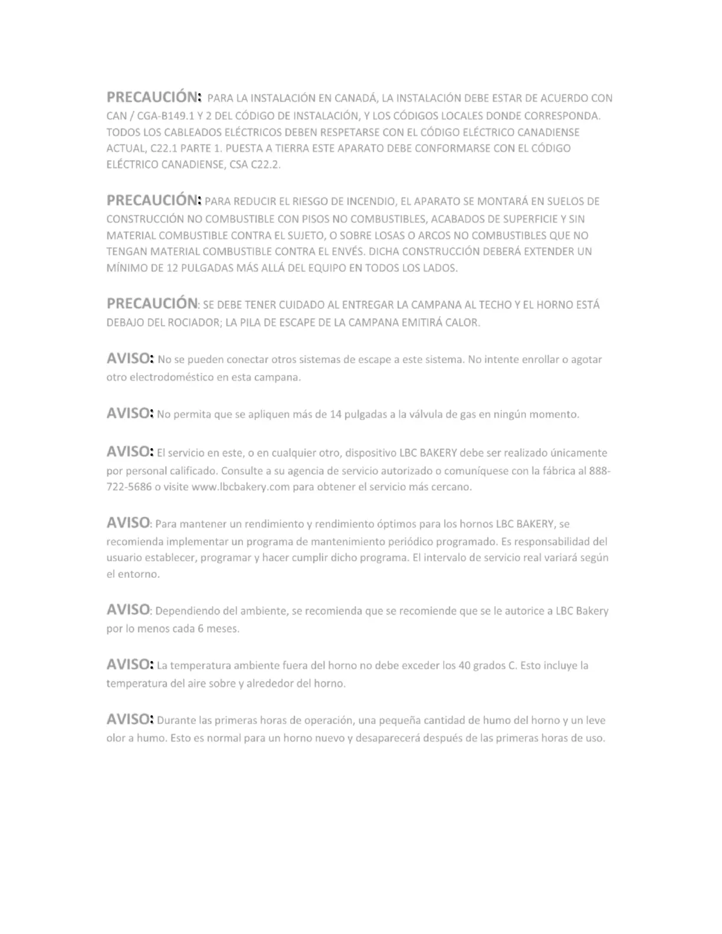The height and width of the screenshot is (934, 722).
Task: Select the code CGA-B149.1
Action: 165,116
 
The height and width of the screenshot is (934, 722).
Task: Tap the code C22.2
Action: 265,165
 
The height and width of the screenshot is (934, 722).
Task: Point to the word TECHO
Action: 495,305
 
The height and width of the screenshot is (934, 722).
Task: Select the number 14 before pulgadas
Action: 336,415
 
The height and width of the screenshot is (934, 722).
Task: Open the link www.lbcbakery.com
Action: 241,487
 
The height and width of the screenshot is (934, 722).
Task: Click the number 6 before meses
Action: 201,629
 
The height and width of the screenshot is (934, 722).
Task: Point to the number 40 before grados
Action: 464,666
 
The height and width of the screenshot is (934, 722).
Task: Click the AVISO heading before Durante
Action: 129,719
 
